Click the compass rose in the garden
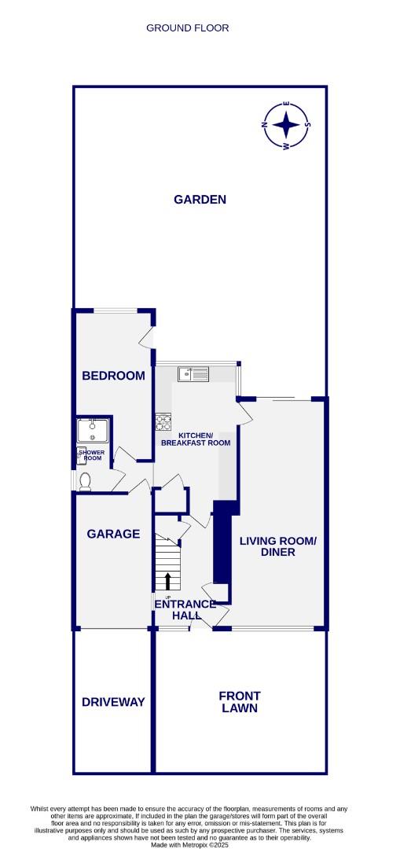pos(287,126)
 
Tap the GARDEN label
pos(200,200)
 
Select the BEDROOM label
pos(114,376)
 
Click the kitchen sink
pos(193,374)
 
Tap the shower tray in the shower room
pos(93,430)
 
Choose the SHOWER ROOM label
pos(93,455)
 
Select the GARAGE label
pos(113,534)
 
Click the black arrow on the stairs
pos(168,581)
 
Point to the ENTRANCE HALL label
pos(185,609)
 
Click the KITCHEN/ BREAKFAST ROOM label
pos(196,439)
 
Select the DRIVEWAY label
pos(113,702)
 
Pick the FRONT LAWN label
pos(240,702)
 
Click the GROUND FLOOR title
pos(188,28)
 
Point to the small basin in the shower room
pos(81,452)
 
